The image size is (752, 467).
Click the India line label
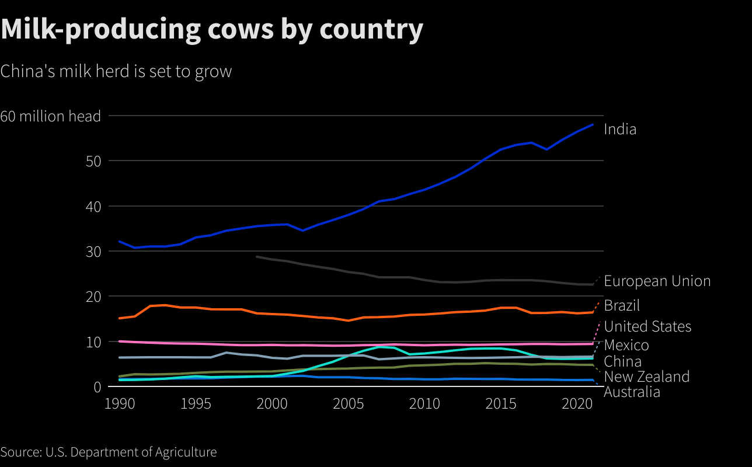(620, 129)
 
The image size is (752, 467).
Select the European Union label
(657, 281)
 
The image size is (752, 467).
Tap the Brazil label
(622, 305)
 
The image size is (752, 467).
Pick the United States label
(647, 326)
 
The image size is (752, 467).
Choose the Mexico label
(626, 345)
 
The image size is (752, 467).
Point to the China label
(622, 361)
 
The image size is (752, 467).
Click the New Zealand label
(646, 377)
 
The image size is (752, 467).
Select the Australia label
(632, 392)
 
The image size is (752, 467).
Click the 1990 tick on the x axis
(119, 403)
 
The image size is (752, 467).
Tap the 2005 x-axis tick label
(349, 403)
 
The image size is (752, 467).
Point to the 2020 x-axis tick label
(578, 403)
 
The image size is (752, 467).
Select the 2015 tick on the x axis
(502, 403)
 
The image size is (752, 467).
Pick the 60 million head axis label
(51, 116)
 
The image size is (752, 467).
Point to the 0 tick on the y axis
(98, 386)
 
